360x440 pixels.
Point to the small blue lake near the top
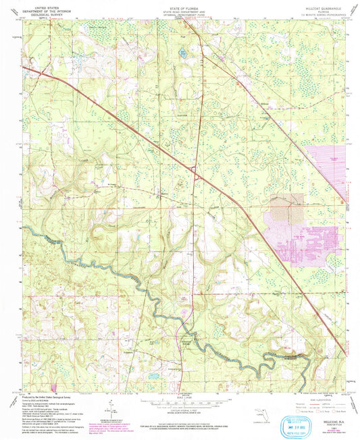click(x=182, y=51)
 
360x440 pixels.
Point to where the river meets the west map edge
click(x=24, y=228)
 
